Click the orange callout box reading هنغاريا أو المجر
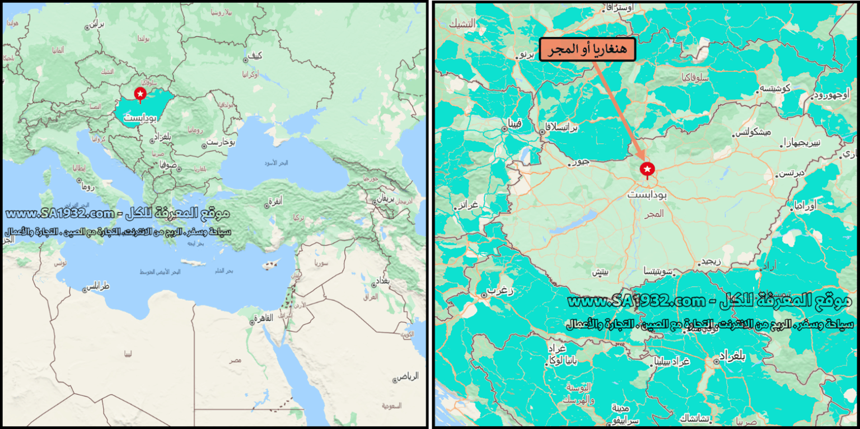[587, 50]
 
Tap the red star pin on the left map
[140, 94]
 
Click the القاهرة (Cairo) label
[263, 318]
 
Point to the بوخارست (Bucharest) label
[220, 142]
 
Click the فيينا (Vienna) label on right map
[514, 122]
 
